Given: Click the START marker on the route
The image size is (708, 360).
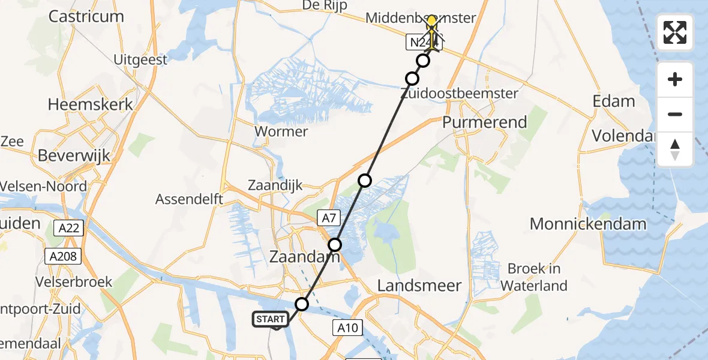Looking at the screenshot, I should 271,319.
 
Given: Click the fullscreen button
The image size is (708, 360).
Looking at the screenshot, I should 675,32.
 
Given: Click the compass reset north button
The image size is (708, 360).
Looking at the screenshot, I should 675,149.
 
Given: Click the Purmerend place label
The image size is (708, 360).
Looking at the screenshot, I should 484,122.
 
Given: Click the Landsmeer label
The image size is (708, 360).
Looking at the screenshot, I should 419,286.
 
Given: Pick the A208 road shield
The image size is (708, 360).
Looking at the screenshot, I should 62,257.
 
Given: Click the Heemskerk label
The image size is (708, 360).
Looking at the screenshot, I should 91,104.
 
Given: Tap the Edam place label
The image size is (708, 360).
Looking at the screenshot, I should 613,101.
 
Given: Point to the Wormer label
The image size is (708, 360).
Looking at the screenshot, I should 281,131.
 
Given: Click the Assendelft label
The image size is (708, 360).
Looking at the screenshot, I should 189,199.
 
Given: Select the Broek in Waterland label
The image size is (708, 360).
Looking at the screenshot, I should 534,277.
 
